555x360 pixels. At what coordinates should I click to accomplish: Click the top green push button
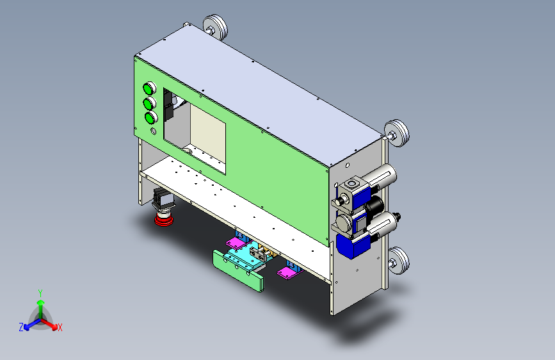pos(149,88)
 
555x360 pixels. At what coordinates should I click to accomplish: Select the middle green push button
pos(150,104)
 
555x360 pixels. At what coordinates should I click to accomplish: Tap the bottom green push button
pos(151,117)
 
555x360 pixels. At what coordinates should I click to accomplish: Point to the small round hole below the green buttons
pos(153,131)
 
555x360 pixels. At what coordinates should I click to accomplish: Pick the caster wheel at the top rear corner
pos(216,27)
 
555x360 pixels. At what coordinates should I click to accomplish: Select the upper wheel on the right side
pos(397,133)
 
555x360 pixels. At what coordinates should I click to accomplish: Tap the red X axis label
pos(60,327)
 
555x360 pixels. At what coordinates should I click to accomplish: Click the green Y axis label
pos(40,293)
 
